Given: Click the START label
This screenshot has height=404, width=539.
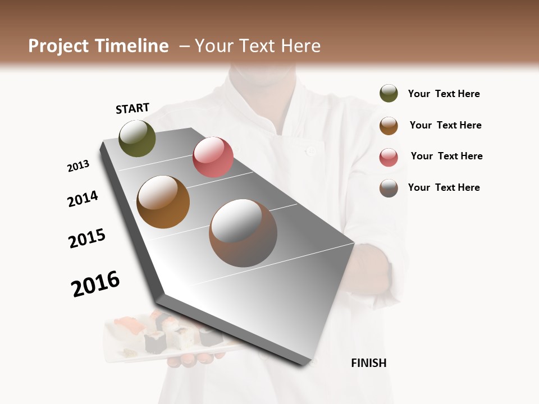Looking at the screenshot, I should [x=133, y=108].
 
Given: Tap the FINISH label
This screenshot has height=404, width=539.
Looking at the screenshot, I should [x=368, y=363].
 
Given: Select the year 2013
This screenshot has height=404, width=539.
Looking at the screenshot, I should [x=78, y=166].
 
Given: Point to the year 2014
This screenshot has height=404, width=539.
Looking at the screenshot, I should [x=83, y=199].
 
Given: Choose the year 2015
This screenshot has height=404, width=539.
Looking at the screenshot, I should [x=87, y=238].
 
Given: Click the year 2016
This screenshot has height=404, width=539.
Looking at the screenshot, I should [x=95, y=283].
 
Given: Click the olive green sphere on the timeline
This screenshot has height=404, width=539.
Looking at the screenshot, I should [x=137, y=138].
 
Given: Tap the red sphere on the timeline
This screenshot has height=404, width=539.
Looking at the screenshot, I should [x=213, y=157].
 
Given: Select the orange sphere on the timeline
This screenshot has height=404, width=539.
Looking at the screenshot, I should [x=163, y=202].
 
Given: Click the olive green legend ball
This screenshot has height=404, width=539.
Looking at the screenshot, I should [x=389, y=93].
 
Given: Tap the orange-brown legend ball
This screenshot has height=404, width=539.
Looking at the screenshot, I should [x=389, y=125].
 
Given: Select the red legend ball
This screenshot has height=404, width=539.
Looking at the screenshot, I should [x=389, y=157].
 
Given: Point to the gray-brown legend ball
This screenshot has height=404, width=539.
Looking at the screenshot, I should [x=389, y=187].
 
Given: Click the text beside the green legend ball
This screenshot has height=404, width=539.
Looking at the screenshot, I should [x=444, y=94].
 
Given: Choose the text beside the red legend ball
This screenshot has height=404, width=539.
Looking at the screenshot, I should [x=446, y=156].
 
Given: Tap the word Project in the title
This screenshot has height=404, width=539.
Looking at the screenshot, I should [x=58, y=46].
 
